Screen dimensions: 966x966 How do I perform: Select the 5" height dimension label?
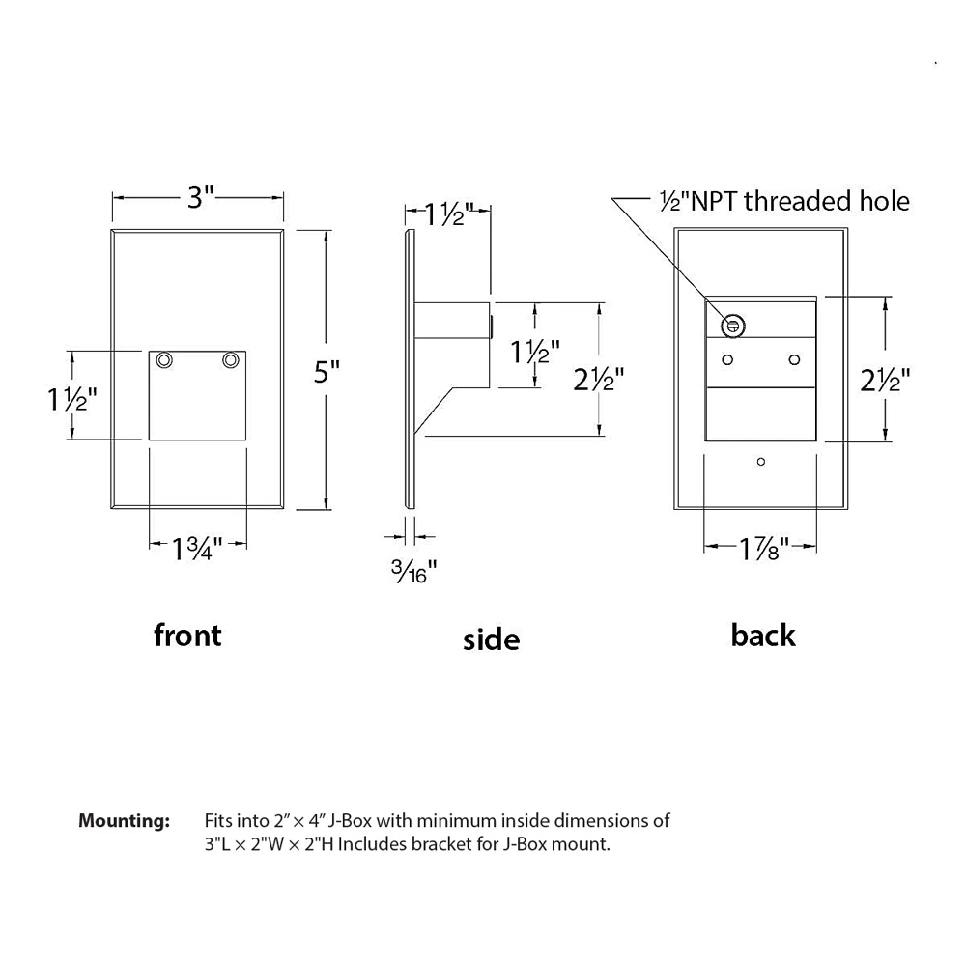327,371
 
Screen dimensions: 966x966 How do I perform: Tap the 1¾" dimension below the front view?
198,549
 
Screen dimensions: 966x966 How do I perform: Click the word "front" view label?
187,635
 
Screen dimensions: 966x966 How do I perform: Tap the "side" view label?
491,639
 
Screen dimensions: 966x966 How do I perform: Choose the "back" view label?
763,635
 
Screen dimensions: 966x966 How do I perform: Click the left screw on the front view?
166,360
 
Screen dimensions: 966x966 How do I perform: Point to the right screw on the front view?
230,360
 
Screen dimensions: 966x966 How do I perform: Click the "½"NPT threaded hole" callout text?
782,201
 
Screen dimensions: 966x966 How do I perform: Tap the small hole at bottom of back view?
761,462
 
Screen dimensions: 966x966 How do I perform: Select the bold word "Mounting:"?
124,821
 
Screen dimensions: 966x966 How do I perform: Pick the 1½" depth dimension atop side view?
442,213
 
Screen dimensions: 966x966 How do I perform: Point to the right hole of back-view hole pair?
794,359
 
